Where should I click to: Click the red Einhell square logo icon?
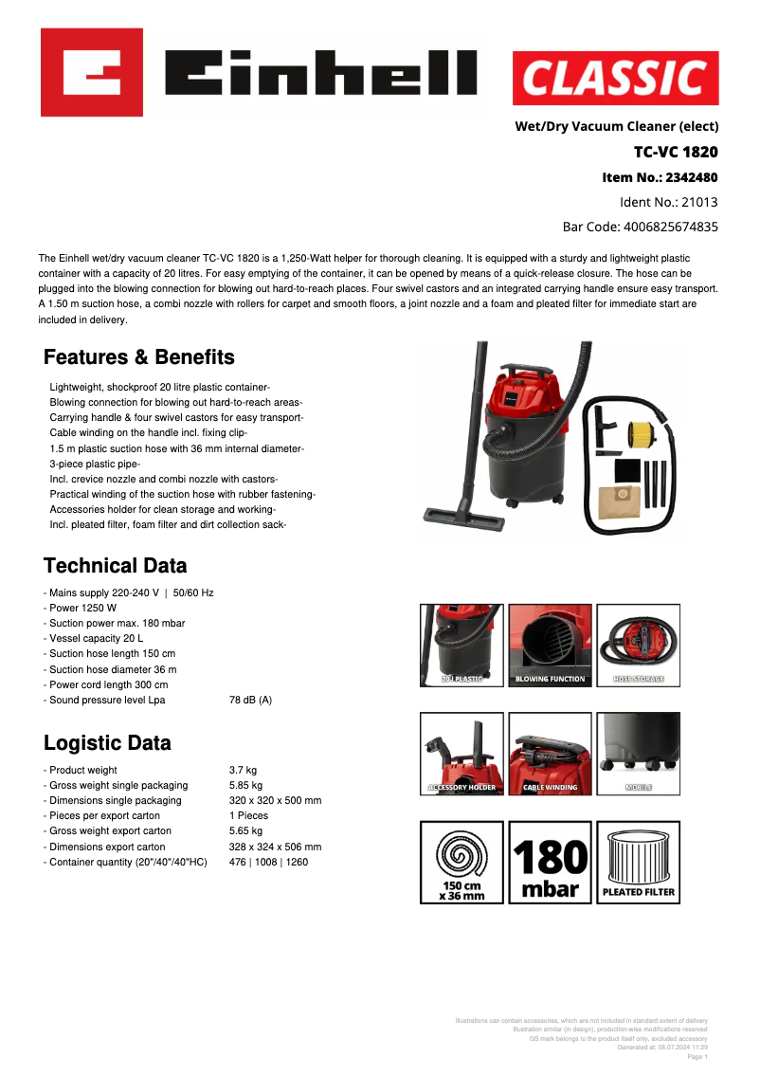(92, 72)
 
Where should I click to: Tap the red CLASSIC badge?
(615, 78)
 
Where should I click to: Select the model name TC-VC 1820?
(676, 152)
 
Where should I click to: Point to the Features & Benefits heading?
(139, 357)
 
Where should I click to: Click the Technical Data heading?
(116, 566)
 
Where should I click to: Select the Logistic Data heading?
(107, 743)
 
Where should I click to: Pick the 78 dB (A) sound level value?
(250, 700)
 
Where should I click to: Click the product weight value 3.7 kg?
(243, 770)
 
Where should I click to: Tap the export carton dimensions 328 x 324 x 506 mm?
(275, 847)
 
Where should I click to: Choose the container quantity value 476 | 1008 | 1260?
(268, 862)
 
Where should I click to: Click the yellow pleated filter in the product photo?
(643, 433)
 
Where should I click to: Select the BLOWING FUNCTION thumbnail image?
(551, 646)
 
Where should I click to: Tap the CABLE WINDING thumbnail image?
(551, 753)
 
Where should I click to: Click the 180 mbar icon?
(551, 862)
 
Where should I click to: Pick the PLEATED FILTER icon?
(638, 862)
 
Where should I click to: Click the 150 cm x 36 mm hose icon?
(462, 862)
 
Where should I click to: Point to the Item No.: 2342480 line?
(660, 177)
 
